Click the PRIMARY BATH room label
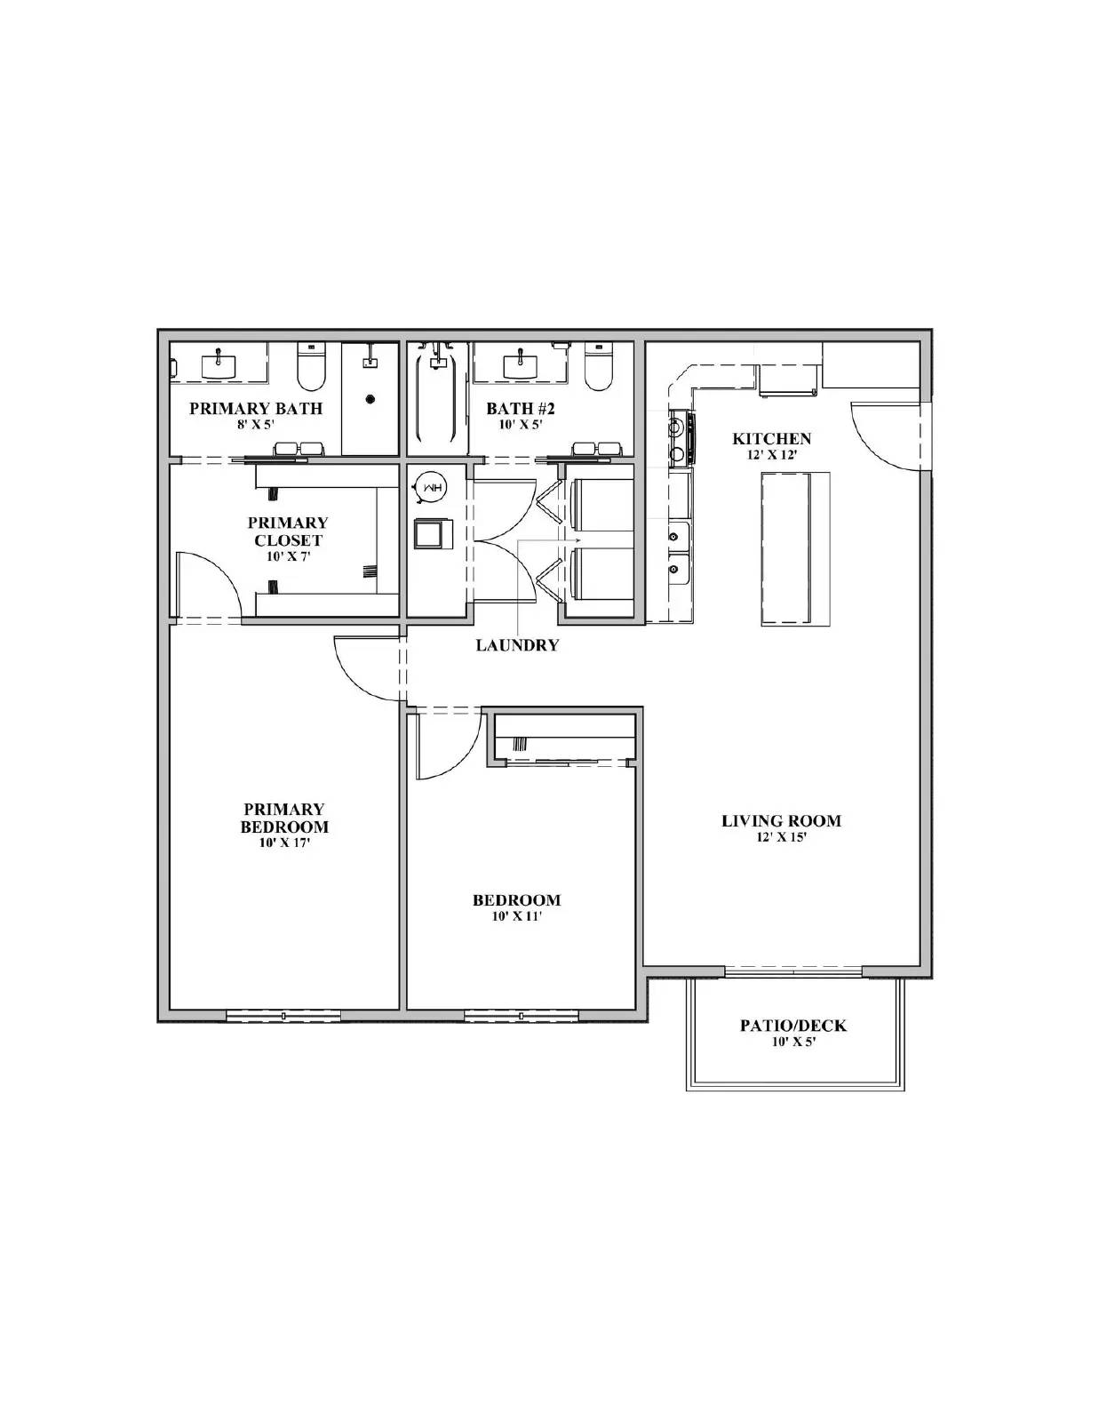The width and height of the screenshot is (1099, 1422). pos(255,409)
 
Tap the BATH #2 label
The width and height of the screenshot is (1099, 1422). pos(520,409)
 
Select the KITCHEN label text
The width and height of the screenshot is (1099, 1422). pos(771,438)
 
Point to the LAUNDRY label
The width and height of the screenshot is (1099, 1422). pos(517,645)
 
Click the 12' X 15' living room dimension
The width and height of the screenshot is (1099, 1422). pos(781,837)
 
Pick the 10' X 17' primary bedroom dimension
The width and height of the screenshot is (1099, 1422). pos(284,843)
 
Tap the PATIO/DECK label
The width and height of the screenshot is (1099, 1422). pos(793,1026)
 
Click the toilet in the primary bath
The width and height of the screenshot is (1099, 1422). pos(310,369)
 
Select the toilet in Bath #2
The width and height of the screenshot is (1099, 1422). pos(599,369)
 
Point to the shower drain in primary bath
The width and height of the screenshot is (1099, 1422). pos(370,399)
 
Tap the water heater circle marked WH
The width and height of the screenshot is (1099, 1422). pos(433,488)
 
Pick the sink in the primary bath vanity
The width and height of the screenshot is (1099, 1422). pos(219,364)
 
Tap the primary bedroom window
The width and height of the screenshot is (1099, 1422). pos(283,1015)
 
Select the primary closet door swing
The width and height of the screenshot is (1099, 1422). pos(206,582)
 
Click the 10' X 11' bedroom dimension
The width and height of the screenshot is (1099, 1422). pos(516,916)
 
